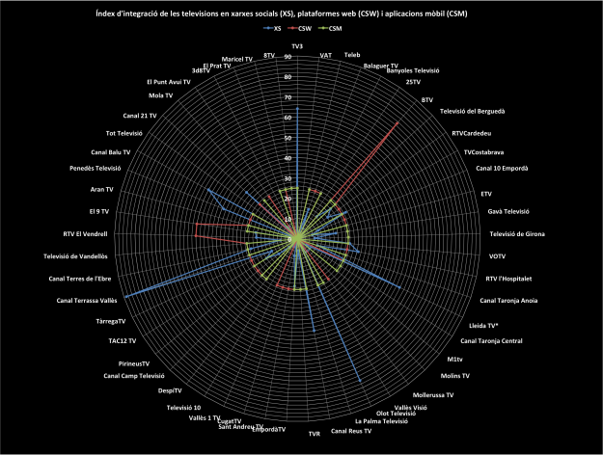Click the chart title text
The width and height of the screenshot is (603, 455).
(x=301, y=13)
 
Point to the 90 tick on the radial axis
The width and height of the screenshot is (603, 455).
(x=288, y=57)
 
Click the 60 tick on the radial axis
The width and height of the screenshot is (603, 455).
(x=288, y=118)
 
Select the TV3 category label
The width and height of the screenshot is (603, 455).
(x=297, y=46)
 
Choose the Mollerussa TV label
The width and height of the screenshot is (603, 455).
(x=433, y=394)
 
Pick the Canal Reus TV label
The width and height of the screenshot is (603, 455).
(x=351, y=430)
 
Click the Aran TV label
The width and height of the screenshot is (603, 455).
(x=101, y=189)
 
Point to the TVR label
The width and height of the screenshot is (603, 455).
(x=314, y=434)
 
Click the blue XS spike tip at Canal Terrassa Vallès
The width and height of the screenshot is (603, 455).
(x=125, y=296)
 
